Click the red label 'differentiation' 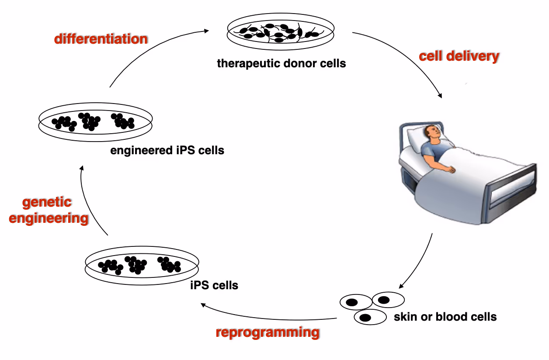pyautogui.click(x=101, y=39)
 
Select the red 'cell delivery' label pyautogui.click(x=459, y=56)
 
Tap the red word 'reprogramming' pyautogui.click(x=268, y=332)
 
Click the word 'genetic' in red pyautogui.click(x=47, y=202)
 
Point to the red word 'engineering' pyautogui.click(x=49, y=218)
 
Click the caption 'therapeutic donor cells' pyautogui.click(x=281, y=64)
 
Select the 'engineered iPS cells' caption pyautogui.click(x=167, y=151)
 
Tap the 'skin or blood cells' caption pyautogui.click(x=445, y=316)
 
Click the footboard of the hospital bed pyautogui.click(x=514, y=188)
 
